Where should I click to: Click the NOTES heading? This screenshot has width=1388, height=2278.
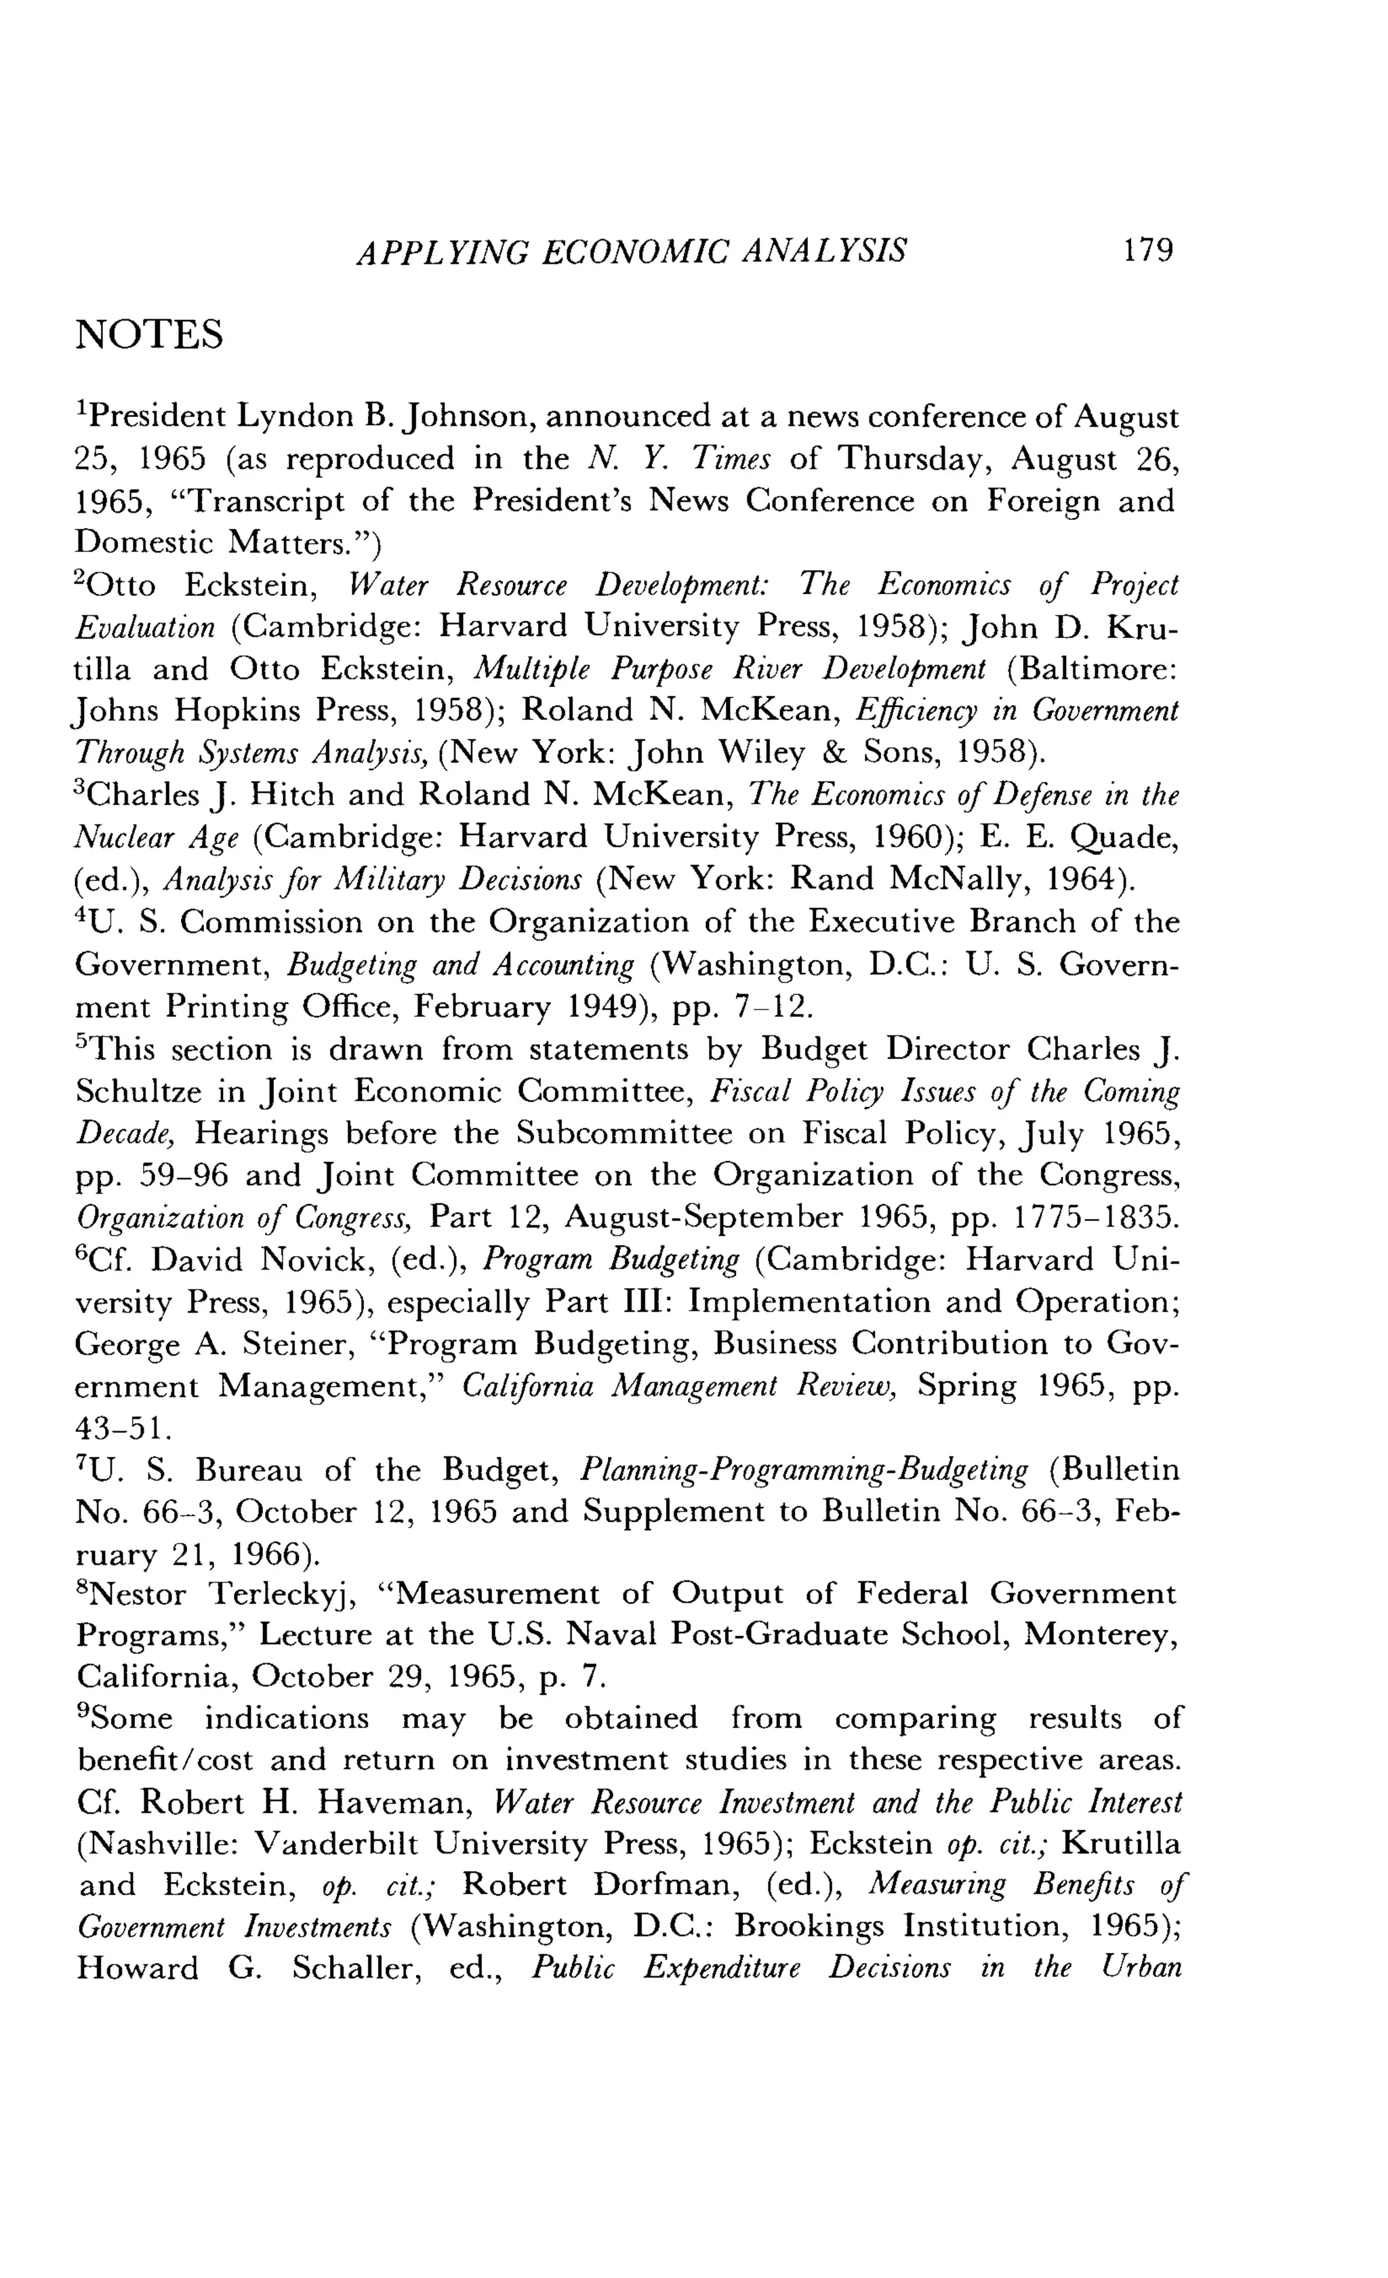pos(149,335)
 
